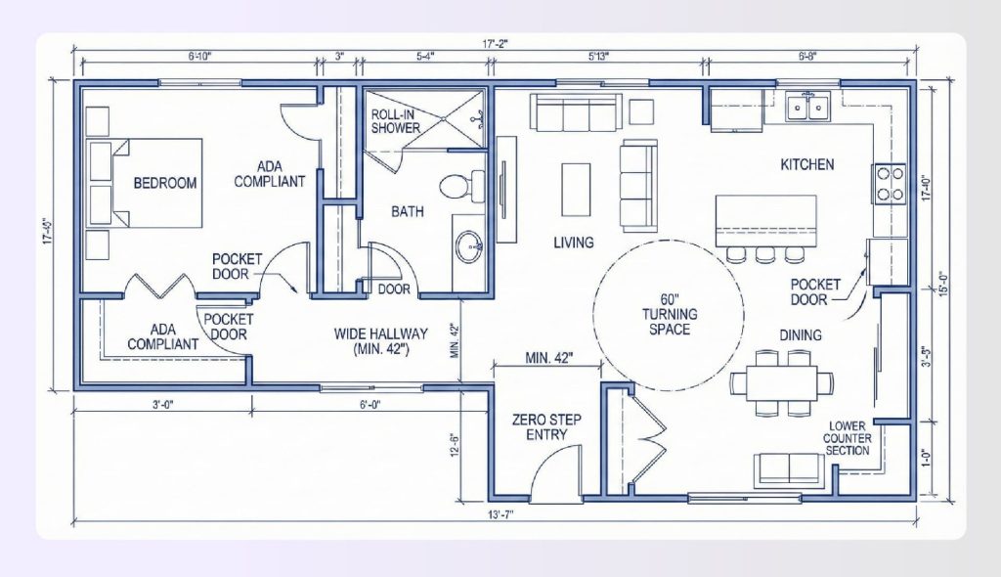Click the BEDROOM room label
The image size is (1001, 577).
[165, 183]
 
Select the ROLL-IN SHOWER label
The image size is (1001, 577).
[396, 121]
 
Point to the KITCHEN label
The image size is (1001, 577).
[806, 164]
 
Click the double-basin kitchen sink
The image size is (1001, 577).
[808, 106]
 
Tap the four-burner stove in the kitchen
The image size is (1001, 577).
[890, 183]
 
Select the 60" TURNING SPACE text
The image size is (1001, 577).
[666, 314]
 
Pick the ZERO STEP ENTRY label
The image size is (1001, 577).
[546, 427]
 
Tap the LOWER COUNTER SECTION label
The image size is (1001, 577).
[848, 438]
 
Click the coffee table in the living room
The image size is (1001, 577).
[576, 189]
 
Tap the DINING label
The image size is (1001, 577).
[800, 335]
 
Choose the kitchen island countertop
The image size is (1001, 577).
[765, 220]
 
